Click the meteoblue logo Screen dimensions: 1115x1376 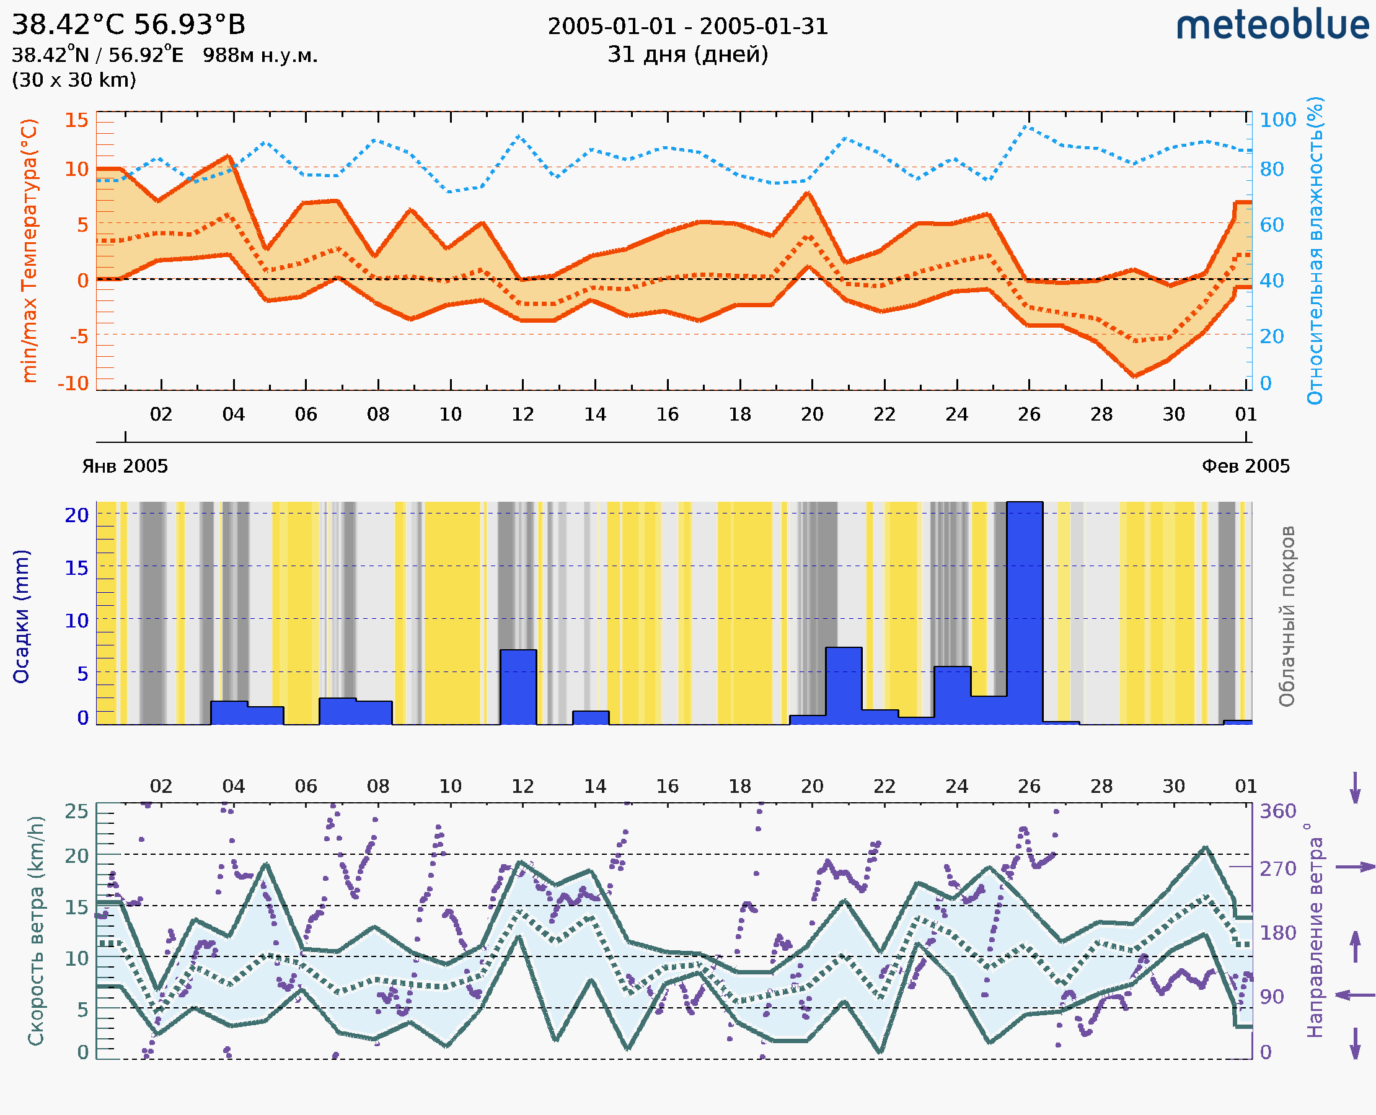[x=1272, y=25]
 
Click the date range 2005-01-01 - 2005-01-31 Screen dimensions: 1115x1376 [x=687, y=27]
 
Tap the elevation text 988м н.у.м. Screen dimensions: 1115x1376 [x=260, y=56]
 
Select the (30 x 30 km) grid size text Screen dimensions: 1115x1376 [x=74, y=81]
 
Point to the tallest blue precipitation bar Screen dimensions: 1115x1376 [x=1025, y=613]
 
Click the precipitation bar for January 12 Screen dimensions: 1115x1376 [x=518, y=687]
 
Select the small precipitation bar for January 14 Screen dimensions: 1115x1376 [x=591, y=717]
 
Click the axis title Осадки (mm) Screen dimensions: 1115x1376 [x=21, y=616]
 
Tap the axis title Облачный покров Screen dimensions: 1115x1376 [x=1287, y=616]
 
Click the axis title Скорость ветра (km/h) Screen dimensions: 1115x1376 [x=36, y=930]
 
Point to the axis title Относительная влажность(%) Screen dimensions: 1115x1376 [x=1315, y=250]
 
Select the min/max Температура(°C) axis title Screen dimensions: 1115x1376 [x=30, y=250]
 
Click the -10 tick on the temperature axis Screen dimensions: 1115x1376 [x=73, y=383]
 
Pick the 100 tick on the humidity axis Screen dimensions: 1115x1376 [x=1277, y=120]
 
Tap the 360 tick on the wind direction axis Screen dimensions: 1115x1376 [x=1277, y=811]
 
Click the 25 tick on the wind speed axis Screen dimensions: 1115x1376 [x=76, y=811]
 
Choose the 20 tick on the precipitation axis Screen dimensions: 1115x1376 [x=76, y=515]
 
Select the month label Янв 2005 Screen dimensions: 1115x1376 [x=125, y=466]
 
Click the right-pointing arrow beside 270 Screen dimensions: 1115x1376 [x=1355, y=867]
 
